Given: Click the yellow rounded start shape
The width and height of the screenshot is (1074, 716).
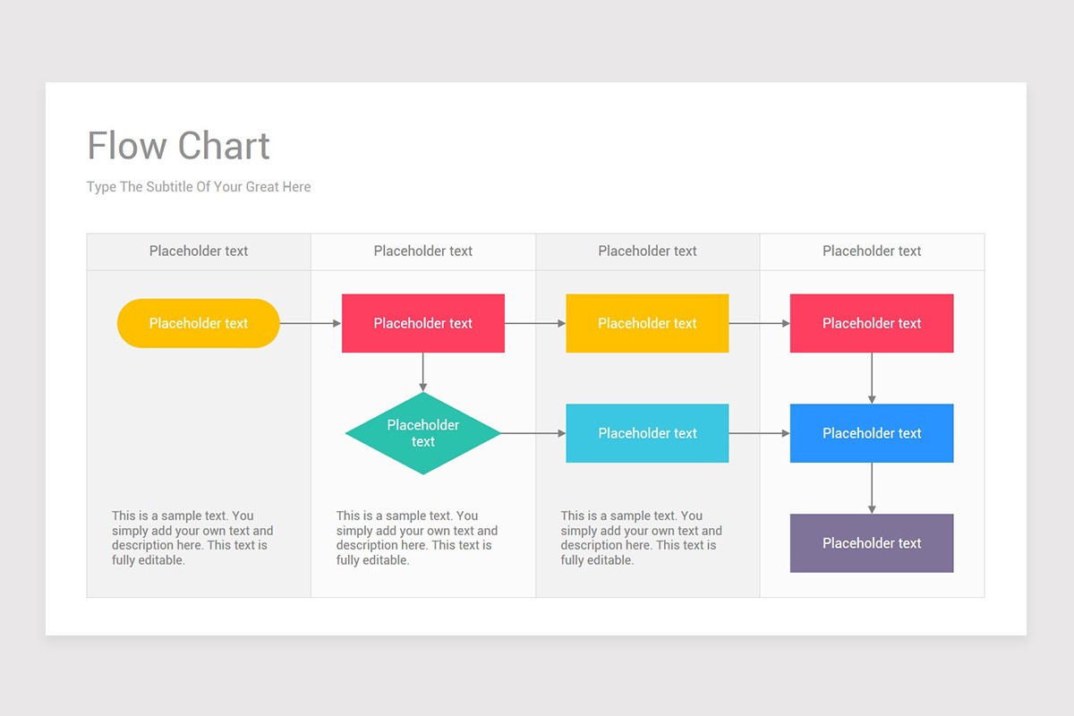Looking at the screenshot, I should click(x=198, y=323).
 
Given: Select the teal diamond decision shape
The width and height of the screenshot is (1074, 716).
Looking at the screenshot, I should click(x=422, y=433).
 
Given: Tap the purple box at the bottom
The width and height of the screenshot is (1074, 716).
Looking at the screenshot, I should click(x=871, y=543).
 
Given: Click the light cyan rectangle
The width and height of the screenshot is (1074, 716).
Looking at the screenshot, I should click(x=647, y=433).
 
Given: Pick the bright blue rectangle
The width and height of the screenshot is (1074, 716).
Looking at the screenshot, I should click(x=871, y=433).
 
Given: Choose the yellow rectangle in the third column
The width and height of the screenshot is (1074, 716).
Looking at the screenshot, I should click(x=647, y=323).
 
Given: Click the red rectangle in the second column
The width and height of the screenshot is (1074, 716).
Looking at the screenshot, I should click(x=422, y=323).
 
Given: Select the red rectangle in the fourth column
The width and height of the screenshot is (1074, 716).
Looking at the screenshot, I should click(x=871, y=323).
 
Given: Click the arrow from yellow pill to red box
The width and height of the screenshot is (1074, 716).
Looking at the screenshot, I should click(x=311, y=323).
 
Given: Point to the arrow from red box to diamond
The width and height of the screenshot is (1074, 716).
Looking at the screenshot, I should click(x=422, y=371).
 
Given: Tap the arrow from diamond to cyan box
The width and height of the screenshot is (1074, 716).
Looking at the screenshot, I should click(x=533, y=433).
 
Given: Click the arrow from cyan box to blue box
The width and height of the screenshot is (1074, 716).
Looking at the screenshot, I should click(x=759, y=433).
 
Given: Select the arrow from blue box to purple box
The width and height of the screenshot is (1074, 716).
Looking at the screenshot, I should click(x=871, y=488).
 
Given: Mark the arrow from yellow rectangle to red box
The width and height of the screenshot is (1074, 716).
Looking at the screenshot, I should click(x=759, y=323).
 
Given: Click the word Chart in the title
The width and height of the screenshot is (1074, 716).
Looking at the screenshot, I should click(x=224, y=146).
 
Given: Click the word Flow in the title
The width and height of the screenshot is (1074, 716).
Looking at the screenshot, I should click(x=127, y=146).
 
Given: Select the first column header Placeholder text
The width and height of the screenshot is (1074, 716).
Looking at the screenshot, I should click(x=199, y=251).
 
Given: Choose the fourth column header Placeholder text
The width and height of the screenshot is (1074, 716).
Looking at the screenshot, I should click(x=872, y=251).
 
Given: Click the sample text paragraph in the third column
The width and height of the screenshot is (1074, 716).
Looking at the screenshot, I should click(x=641, y=538).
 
